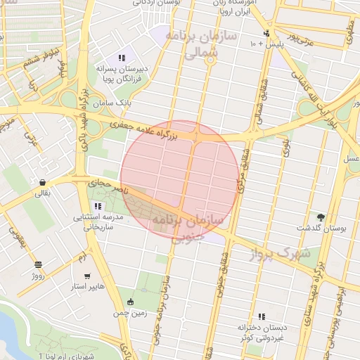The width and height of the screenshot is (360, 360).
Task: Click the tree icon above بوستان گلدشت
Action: point(321,217)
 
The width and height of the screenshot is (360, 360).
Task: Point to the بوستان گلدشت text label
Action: point(317,229)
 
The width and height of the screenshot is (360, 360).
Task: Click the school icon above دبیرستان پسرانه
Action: point(122,58)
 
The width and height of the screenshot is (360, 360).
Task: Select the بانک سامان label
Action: point(115,104)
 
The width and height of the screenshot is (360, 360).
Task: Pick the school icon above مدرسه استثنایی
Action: point(97,206)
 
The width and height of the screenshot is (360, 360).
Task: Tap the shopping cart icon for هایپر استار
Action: point(86,276)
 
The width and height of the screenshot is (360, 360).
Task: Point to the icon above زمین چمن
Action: point(129,302)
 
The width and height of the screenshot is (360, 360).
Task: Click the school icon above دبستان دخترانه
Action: point(262,316)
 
